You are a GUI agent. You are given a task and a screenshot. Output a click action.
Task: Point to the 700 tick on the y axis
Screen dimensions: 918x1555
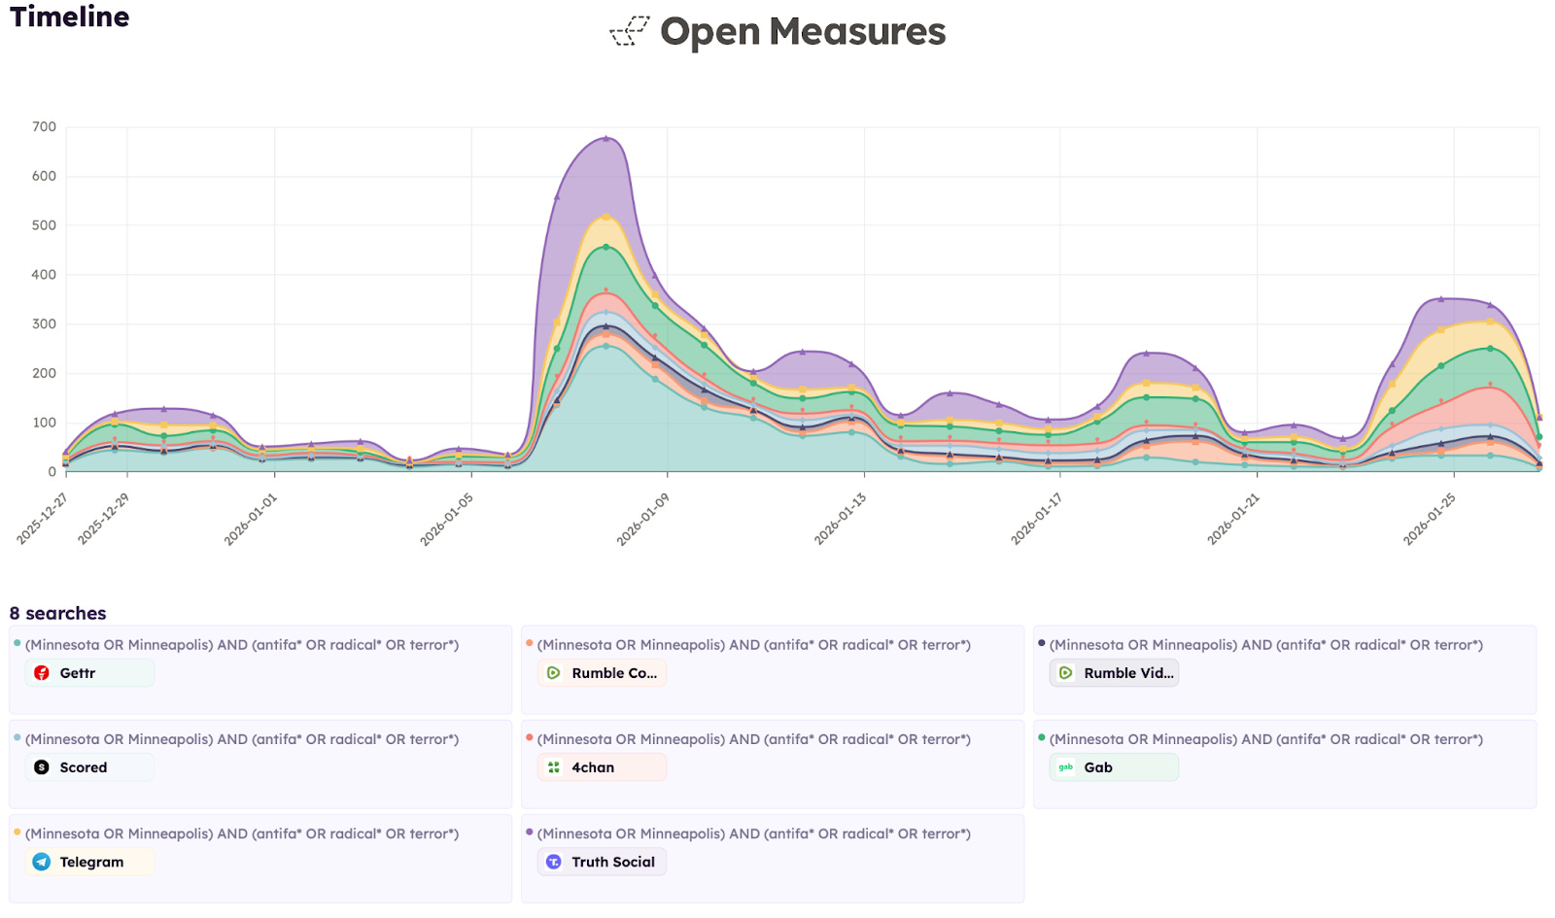[x=44, y=126]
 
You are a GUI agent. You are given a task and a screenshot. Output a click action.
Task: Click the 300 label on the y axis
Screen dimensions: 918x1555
[x=44, y=323]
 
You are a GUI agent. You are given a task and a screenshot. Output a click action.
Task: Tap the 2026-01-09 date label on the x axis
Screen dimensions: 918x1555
[x=642, y=520]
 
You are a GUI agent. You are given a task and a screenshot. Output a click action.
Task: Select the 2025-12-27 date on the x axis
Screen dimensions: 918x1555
[x=43, y=519]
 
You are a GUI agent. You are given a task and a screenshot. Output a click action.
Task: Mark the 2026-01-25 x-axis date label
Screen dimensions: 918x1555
[x=1429, y=520]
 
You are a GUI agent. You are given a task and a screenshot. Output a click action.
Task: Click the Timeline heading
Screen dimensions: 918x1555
[x=69, y=17]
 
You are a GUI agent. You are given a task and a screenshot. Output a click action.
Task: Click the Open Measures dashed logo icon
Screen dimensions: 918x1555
[x=630, y=31]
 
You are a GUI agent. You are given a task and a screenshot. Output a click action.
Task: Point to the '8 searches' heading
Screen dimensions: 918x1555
[x=57, y=613]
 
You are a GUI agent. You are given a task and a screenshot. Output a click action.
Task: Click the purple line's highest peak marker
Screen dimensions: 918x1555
[x=606, y=138]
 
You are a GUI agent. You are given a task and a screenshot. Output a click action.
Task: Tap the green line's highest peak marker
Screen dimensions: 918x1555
[x=606, y=247]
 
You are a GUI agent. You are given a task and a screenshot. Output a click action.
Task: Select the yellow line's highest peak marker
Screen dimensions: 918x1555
[x=606, y=217]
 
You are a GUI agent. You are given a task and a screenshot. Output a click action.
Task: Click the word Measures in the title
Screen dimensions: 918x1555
[x=857, y=31]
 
